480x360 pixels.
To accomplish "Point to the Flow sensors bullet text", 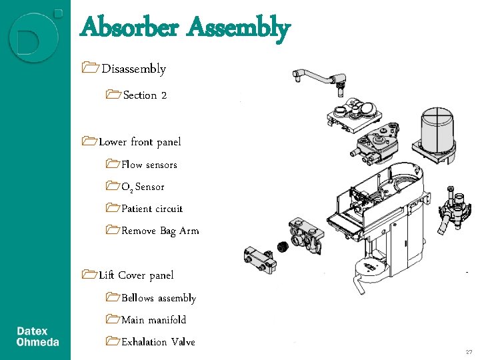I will (149, 165).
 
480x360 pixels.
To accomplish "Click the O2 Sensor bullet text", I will (143, 187).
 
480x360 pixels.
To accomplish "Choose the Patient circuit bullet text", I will (152, 209).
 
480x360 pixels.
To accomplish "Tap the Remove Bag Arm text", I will (160, 231).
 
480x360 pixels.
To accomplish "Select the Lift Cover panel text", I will (136, 275).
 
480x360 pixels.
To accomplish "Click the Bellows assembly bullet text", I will (159, 298).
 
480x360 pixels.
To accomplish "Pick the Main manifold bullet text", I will (154, 320).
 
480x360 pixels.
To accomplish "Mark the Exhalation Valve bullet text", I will (158, 342).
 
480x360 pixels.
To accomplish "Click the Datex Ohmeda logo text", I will (37, 337).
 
